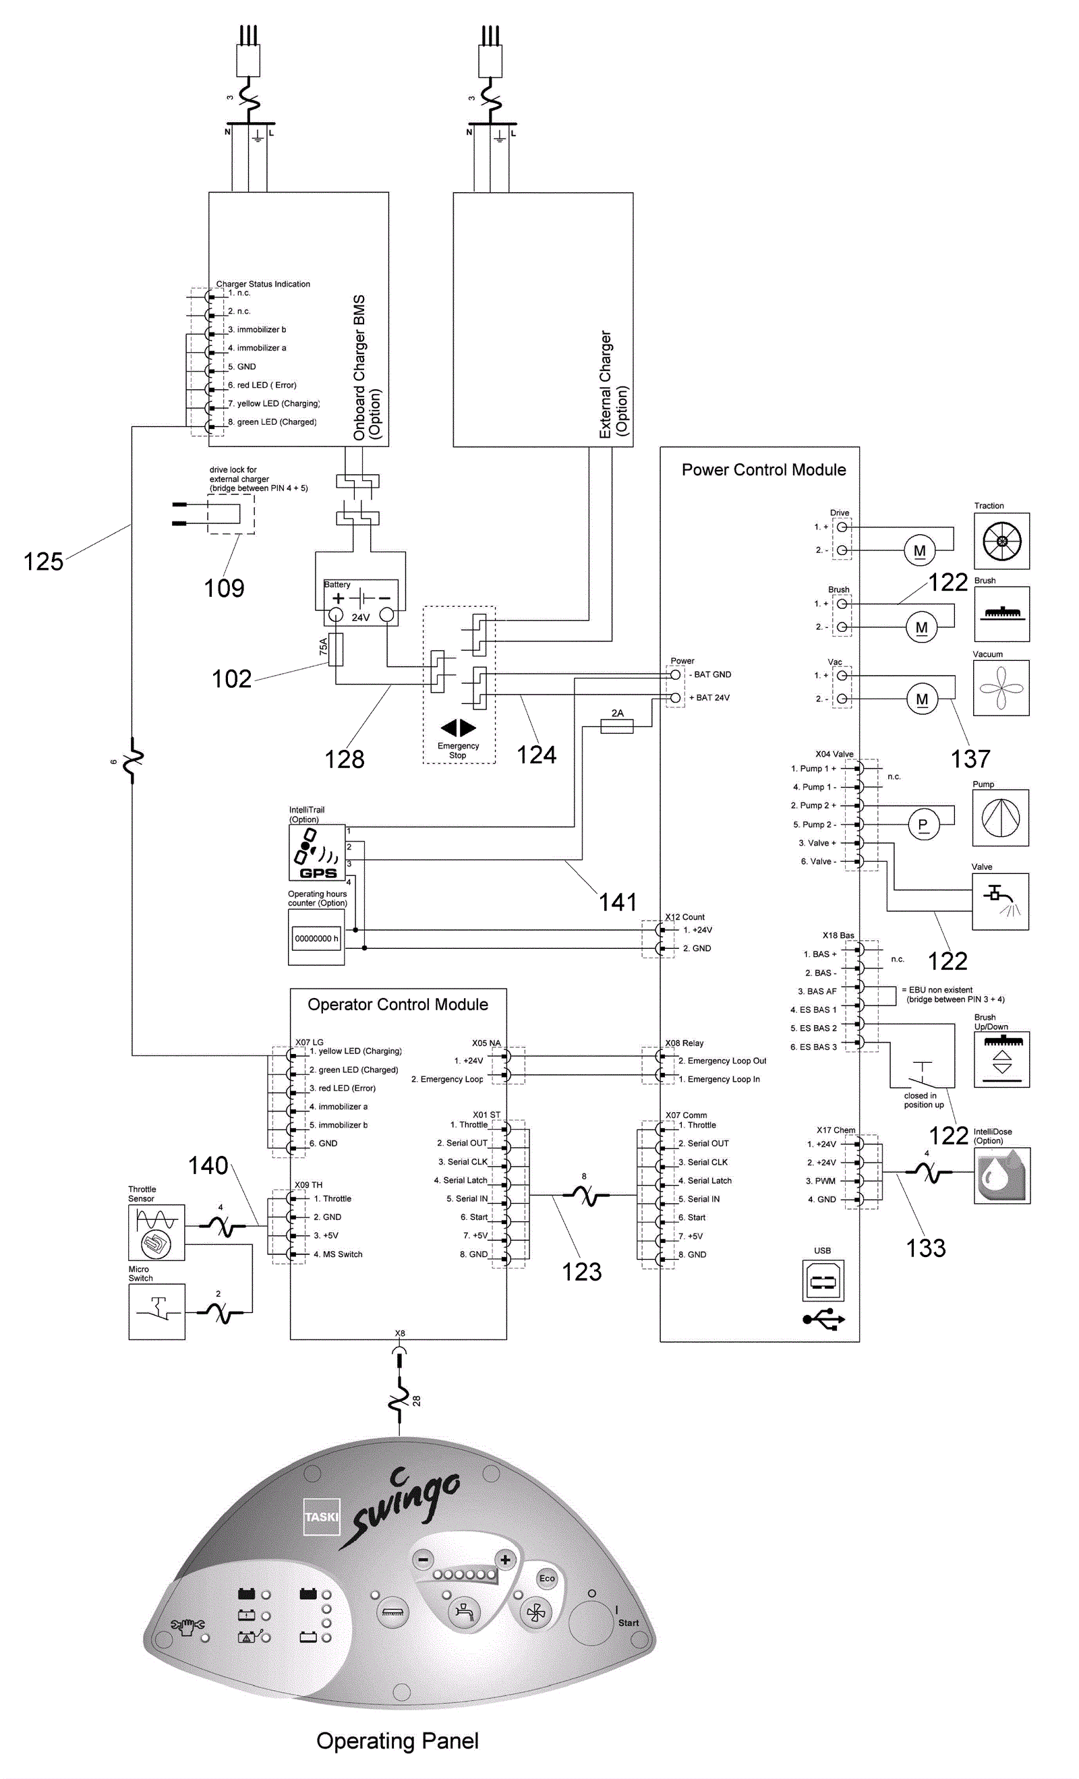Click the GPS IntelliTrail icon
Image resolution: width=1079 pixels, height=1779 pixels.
(x=316, y=852)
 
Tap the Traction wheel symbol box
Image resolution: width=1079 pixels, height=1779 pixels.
(x=1001, y=541)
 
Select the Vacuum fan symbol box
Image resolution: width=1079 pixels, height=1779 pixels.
(x=1000, y=687)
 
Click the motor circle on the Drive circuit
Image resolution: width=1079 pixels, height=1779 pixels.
(x=919, y=551)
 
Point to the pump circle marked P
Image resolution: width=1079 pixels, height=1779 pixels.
(x=923, y=825)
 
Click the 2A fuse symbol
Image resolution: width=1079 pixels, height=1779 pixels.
(x=617, y=726)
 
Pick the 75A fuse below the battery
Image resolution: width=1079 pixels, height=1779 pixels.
(x=336, y=649)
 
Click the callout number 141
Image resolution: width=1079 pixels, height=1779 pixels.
(x=618, y=902)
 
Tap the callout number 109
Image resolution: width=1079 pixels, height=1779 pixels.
(x=224, y=589)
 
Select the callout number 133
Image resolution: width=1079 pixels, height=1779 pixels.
(x=926, y=1248)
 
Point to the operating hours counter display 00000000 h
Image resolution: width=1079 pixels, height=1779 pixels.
(x=316, y=939)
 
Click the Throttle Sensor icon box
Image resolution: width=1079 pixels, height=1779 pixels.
(x=156, y=1231)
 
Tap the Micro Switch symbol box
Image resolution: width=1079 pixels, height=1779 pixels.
(x=156, y=1311)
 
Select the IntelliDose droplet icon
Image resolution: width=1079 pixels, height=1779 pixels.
(x=1001, y=1175)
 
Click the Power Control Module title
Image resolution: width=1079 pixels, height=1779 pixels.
(x=763, y=470)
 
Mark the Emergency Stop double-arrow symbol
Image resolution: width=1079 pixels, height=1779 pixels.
(x=458, y=728)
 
